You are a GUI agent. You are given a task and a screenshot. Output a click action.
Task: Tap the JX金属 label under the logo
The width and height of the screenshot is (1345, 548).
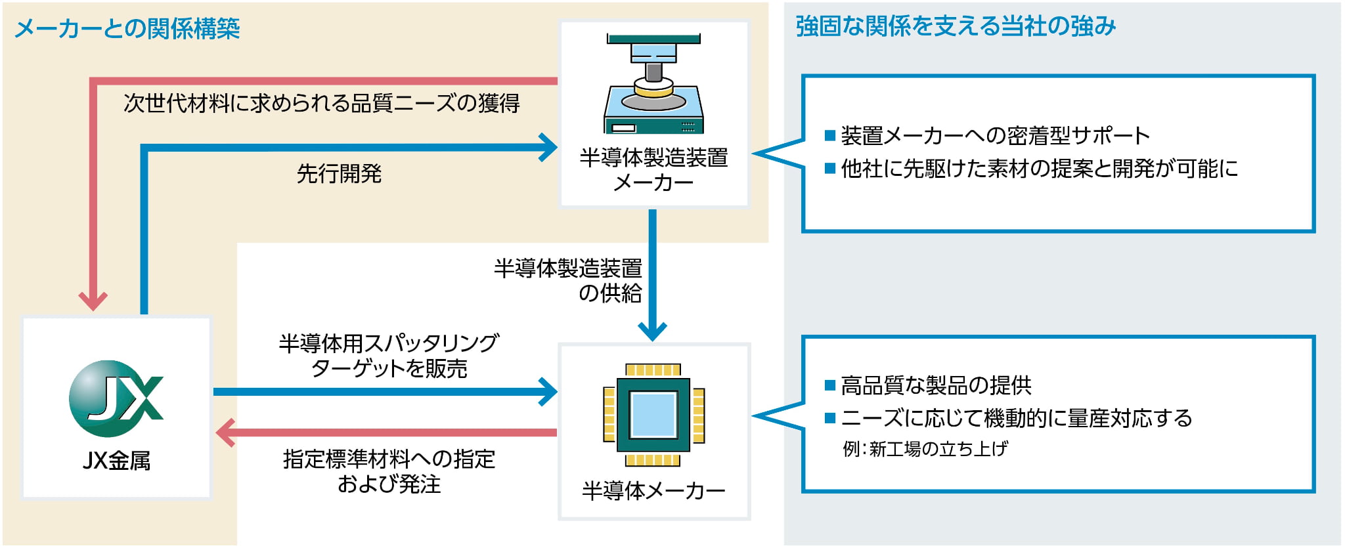tap(116, 461)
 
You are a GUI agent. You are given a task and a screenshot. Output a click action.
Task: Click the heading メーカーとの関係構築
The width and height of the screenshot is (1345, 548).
tap(127, 29)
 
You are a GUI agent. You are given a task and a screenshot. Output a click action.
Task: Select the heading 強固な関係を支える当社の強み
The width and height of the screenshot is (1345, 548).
tap(956, 27)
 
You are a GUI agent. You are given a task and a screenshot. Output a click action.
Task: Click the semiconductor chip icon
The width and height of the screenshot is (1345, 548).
tap(653, 415)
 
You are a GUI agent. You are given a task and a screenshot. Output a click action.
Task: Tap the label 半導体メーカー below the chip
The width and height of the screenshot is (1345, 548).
tap(653, 490)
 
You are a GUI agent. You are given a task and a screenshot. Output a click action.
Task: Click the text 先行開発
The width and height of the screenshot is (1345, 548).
tap(339, 174)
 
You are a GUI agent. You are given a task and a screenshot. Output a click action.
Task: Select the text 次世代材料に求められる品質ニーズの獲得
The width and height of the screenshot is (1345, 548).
tap(321, 104)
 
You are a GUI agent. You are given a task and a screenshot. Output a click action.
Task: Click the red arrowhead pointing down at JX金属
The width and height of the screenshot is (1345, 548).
tap(93, 300)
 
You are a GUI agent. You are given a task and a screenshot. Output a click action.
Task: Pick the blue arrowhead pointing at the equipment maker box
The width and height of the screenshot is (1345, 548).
tap(548, 148)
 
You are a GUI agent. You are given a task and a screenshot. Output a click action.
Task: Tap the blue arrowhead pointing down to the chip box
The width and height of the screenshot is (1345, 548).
tap(652, 331)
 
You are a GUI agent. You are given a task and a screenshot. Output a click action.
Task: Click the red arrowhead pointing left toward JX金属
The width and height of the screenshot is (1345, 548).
tap(226, 432)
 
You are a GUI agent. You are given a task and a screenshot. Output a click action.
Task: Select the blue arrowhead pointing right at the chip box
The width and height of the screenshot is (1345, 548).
tap(548, 392)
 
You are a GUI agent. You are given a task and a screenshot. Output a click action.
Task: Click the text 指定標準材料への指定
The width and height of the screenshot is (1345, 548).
tap(389, 459)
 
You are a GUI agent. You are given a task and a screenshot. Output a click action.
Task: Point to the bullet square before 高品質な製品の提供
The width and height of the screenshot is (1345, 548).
tap(829, 385)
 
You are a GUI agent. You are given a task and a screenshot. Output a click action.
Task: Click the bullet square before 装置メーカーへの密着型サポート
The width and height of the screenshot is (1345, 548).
tap(829, 136)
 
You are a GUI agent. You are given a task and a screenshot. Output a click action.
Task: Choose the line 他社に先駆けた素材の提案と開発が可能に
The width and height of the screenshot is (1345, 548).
tap(1039, 169)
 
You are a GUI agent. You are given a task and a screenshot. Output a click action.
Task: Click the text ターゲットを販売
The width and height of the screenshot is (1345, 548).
tap(389, 369)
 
